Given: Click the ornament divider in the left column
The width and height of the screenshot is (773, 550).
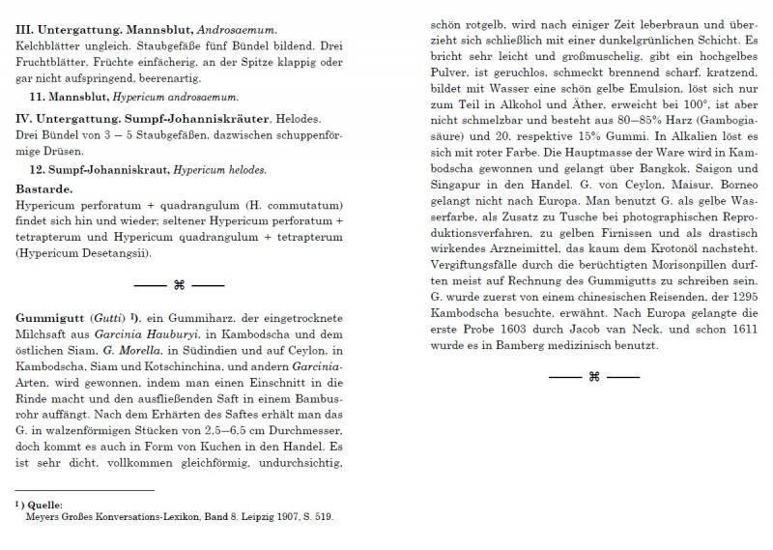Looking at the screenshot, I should (178, 284).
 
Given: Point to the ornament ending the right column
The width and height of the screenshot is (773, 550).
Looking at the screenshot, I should (594, 377).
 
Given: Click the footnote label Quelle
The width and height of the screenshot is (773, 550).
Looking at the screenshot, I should (45, 505).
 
